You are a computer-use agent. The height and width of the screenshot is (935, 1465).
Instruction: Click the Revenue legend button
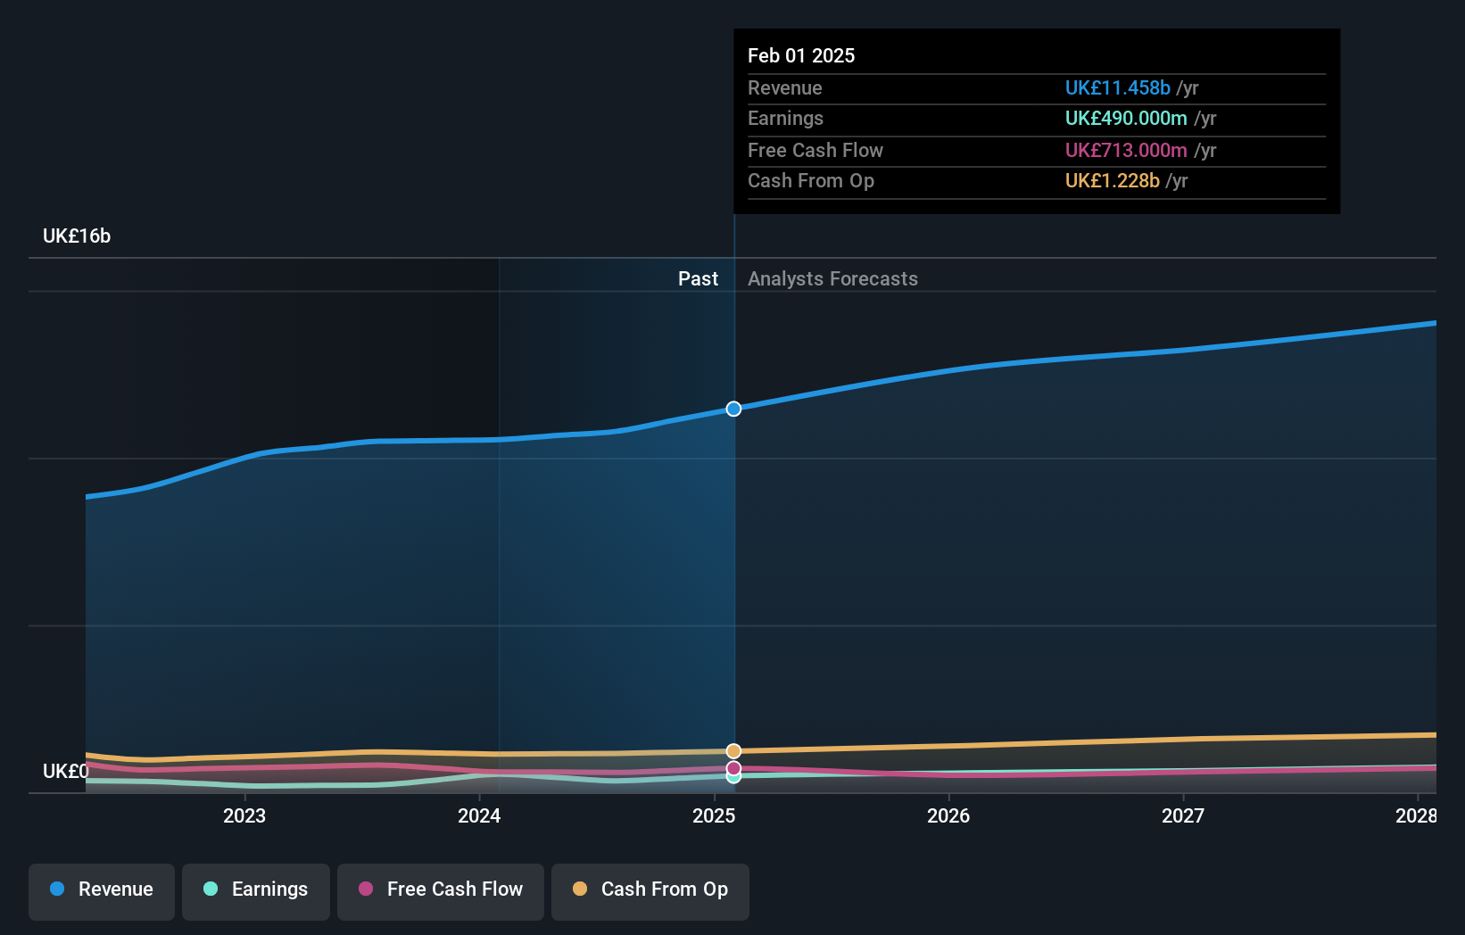coord(102,889)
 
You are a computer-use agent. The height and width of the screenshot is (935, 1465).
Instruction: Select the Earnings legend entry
coord(256,889)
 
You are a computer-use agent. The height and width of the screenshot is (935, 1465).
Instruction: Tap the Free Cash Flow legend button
coord(441,889)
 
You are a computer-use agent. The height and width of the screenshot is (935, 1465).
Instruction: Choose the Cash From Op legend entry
coord(650,889)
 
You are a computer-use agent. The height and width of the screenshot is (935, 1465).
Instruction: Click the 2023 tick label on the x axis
coord(244,815)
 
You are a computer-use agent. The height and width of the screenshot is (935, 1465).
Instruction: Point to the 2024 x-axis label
coord(479,815)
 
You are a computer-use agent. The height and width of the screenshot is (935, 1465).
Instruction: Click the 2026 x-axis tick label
coord(948,815)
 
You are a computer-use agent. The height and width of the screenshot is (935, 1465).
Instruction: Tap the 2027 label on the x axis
coord(1183,815)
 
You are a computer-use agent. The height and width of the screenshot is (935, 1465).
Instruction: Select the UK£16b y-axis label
coord(77,236)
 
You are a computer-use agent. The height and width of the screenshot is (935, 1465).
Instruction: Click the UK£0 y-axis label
coord(65,771)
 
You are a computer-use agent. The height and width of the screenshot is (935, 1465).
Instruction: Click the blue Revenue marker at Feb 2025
coord(733,409)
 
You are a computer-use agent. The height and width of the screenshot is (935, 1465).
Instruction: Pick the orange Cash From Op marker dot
coord(733,751)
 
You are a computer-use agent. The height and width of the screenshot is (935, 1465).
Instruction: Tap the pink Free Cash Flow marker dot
coord(733,767)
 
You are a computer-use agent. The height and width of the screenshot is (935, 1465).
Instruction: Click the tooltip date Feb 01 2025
coord(801,56)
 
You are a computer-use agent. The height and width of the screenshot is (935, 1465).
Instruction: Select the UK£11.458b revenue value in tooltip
coord(1117,88)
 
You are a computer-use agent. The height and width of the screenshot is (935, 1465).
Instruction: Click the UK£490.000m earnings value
coord(1126,119)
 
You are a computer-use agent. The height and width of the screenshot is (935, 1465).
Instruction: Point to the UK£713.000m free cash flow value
coord(1126,151)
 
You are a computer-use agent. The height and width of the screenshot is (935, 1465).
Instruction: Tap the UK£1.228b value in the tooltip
coord(1112,181)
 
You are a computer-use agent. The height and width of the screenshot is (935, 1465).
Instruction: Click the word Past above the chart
coord(698,279)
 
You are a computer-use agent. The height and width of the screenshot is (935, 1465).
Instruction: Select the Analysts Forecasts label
coord(832,279)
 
